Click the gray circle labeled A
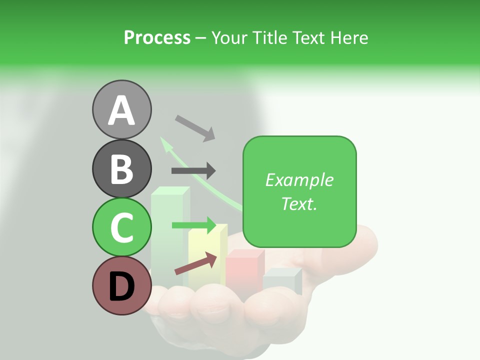tap(121, 109)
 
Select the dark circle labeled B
tap(121, 168)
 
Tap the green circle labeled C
tap(121, 227)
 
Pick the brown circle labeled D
tap(121, 286)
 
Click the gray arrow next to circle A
tap(195, 127)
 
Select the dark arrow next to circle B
tap(193, 170)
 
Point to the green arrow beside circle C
tap(193, 225)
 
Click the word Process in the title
tap(157, 37)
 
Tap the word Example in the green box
tap(299, 180)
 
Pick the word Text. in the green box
tap(299, 203)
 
